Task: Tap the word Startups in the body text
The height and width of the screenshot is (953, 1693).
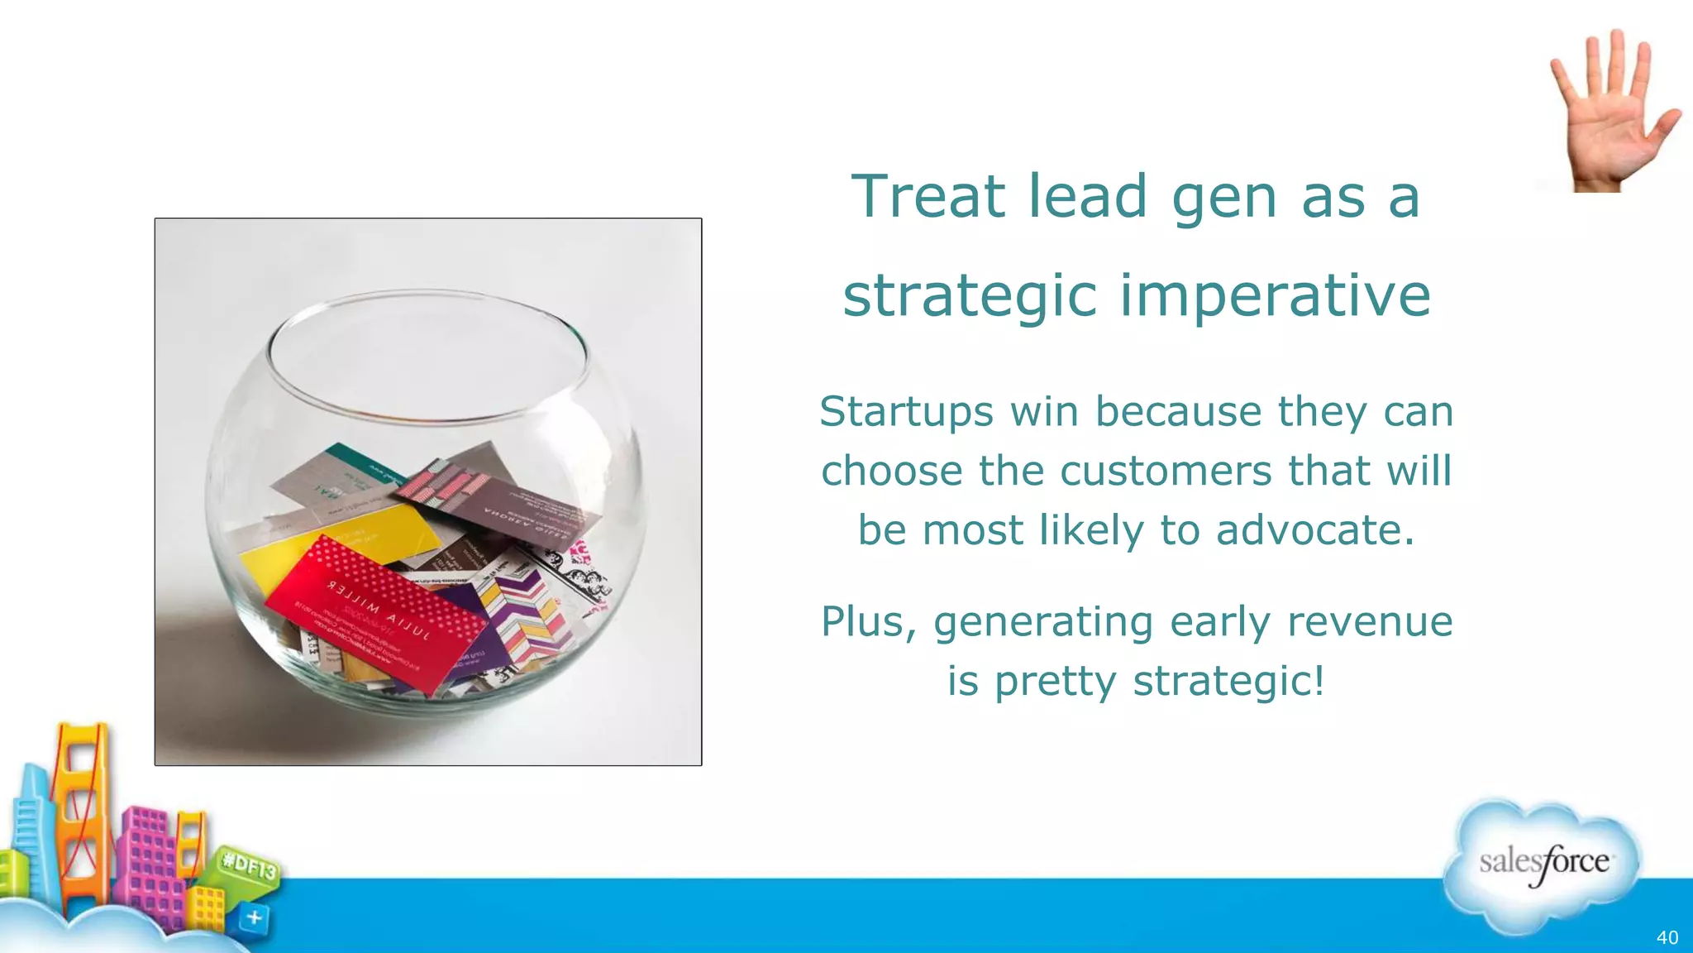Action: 906,411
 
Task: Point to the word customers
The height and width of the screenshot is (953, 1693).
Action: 1166,471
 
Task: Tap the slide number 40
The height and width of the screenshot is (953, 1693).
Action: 1667,937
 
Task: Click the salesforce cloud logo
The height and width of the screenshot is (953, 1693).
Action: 1543,864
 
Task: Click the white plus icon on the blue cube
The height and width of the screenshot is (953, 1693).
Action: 255,917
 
